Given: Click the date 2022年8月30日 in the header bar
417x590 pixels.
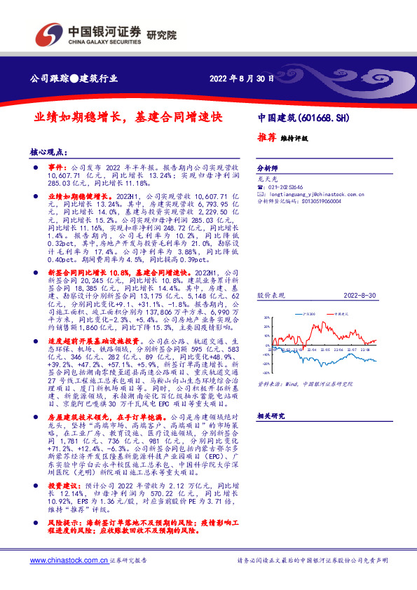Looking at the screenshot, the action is click(241, 78).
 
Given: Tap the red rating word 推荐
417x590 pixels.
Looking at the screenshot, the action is click(267, 138).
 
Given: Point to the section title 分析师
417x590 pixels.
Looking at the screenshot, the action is click(268, 169).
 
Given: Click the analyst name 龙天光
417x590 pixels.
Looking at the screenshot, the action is click(266, 179).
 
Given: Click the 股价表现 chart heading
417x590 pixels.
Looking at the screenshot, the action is click(269, 296).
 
